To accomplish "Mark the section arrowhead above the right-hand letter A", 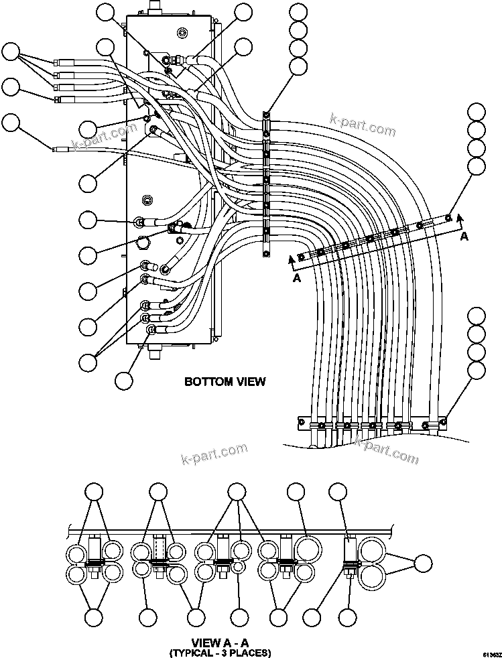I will pos(460,217).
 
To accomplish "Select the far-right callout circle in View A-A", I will pos(423,564).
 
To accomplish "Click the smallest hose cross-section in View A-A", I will pos(237,567).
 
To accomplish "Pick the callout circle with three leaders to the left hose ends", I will pos(11,52).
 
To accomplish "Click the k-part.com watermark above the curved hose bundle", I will pos(363,125).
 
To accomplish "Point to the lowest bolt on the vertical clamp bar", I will pos(266,253).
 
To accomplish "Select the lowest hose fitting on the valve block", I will pos(151,330).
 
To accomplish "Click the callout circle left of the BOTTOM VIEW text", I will pos(123,380).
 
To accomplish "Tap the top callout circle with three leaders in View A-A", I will pos(237,492).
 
